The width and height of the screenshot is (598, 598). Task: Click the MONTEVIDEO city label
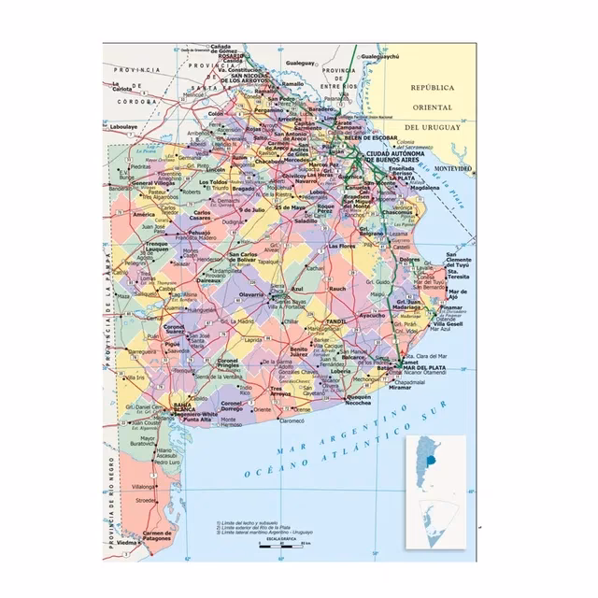tap(453, 168)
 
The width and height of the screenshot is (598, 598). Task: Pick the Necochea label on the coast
tap(359, 404)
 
